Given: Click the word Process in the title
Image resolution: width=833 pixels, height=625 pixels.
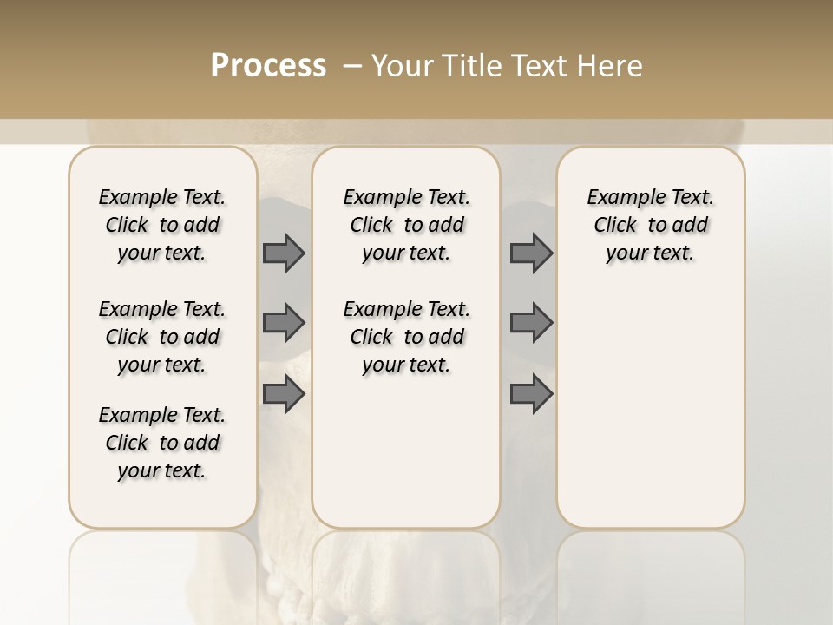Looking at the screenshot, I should pos(268,66).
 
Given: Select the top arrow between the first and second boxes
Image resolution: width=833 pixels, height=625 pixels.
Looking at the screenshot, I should pos(284,253).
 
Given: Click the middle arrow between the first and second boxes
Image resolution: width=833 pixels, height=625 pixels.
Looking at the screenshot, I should pos(284,323).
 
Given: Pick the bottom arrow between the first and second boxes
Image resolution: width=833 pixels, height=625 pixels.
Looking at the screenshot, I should pos(284,395).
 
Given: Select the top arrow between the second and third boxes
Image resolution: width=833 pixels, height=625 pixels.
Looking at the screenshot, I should pos(531,253).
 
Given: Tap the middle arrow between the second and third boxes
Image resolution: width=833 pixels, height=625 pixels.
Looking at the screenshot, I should pos(531,323).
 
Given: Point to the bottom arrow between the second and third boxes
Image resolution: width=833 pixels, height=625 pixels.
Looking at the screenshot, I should pos(531,395).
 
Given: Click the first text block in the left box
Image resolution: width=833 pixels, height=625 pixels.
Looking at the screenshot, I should pos(162,225).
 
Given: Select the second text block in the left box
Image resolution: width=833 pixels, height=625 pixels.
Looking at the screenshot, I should pos(162,337).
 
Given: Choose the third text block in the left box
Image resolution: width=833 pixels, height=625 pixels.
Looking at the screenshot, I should pos(162,443).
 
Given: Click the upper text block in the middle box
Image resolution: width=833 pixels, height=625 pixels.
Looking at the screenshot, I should pos(406,225).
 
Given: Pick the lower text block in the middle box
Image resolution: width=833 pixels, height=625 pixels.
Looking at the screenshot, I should pos(406,337).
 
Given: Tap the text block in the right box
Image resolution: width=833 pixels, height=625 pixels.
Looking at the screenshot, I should pos(651,225).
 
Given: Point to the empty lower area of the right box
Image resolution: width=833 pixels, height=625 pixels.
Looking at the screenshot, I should pos(651,408).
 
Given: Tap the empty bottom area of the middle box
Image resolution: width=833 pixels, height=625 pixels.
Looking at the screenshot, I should pos(406,460).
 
